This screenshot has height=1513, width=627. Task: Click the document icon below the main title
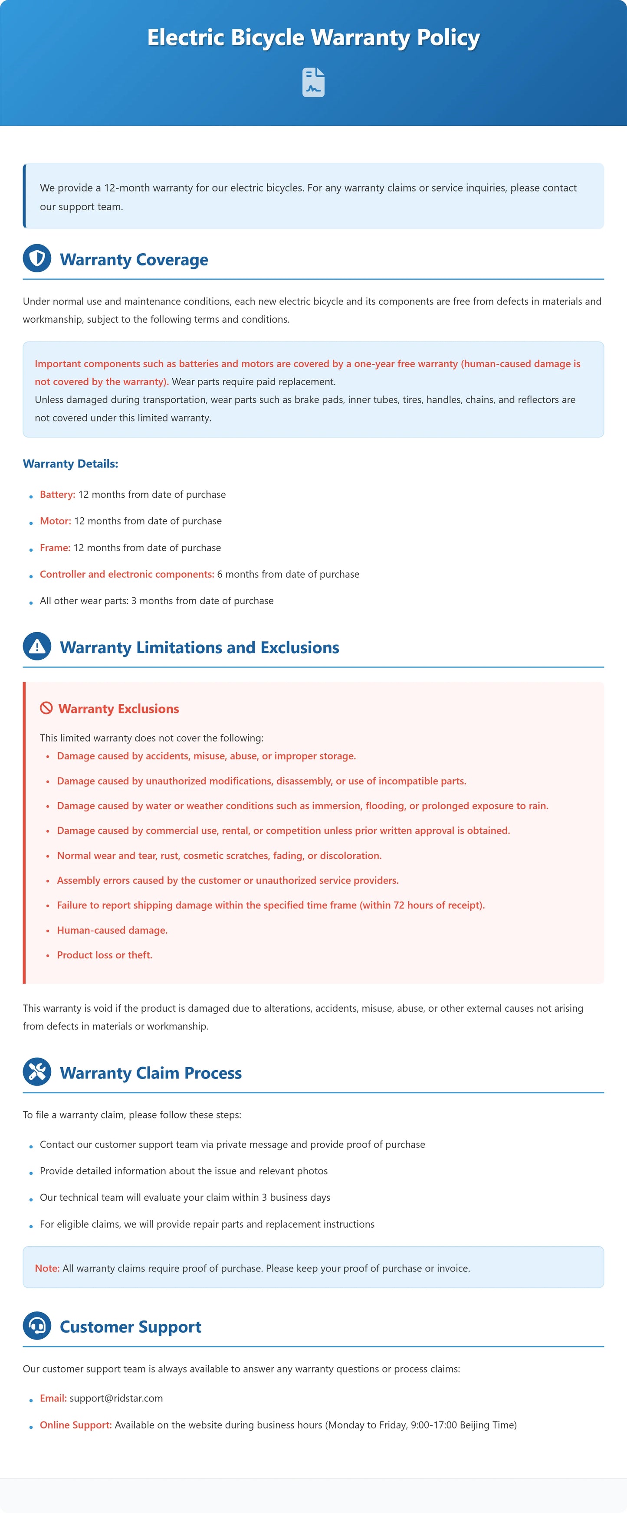313,82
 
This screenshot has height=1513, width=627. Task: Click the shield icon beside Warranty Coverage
37,258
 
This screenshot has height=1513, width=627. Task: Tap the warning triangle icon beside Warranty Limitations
37,646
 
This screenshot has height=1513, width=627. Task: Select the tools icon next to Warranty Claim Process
37,1072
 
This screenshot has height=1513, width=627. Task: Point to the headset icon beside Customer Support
37,1326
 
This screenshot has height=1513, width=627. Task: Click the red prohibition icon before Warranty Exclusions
46,708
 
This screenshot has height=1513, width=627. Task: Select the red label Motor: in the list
55,521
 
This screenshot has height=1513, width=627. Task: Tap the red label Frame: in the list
55,547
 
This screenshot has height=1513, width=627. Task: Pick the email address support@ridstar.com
116,1398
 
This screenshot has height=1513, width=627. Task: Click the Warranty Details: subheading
71,464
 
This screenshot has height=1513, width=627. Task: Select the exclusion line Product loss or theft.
105,954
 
